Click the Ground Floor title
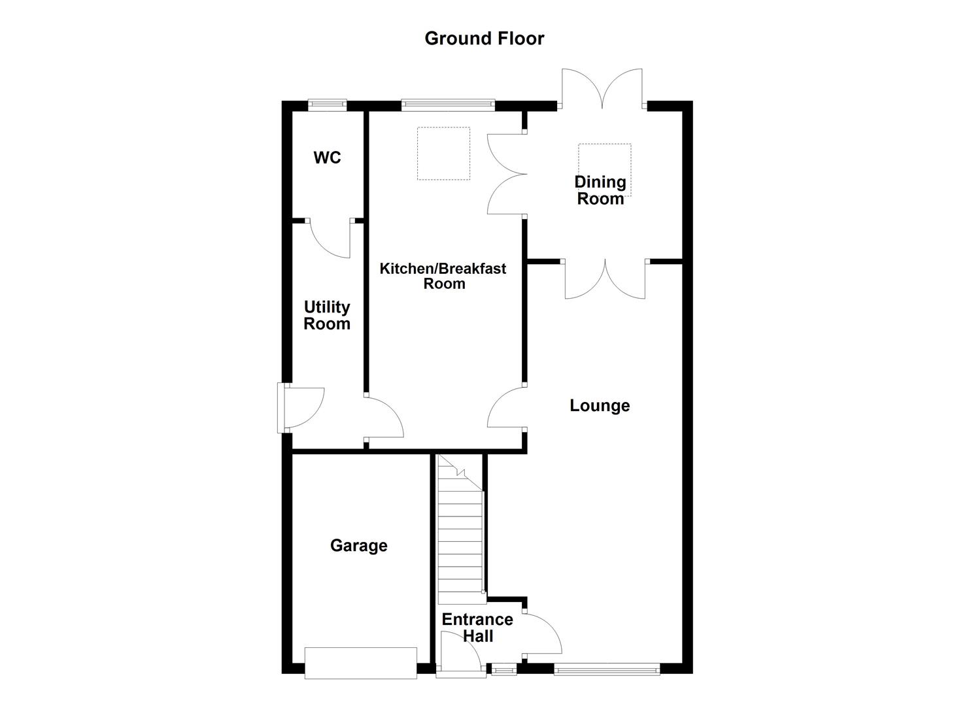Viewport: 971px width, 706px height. coord(484,39)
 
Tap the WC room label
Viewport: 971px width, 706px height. coord(327,158)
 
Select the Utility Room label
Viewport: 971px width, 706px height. coord(327,315)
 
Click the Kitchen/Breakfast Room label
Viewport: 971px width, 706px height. coord(443,276)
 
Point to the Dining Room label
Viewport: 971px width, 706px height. coord(600,190)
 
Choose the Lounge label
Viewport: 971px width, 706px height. coord(600,405)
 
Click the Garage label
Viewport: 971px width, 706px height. coord(358,545)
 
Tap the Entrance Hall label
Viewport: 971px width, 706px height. coord(477,628)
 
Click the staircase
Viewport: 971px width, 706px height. coord(460,536)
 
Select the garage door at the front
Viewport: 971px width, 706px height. coord(361,663)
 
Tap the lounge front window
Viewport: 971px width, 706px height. coord(607,669)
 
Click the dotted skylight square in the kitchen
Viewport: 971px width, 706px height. coord(444,154)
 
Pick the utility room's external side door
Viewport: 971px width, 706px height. coord(302,408)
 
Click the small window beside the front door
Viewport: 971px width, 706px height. coord(503,669)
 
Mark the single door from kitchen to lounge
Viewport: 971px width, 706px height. coord(506,407)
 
